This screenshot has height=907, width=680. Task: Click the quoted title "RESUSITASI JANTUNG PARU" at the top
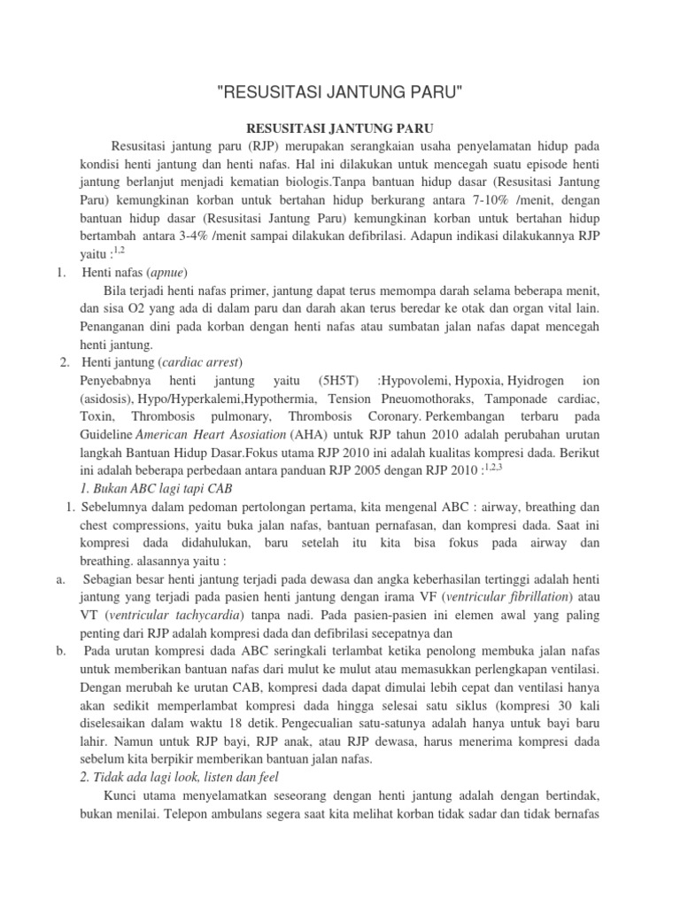pos(340,92)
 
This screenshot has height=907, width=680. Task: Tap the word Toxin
pos(96,417)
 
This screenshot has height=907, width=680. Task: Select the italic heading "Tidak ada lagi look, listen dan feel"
pos(180,779)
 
